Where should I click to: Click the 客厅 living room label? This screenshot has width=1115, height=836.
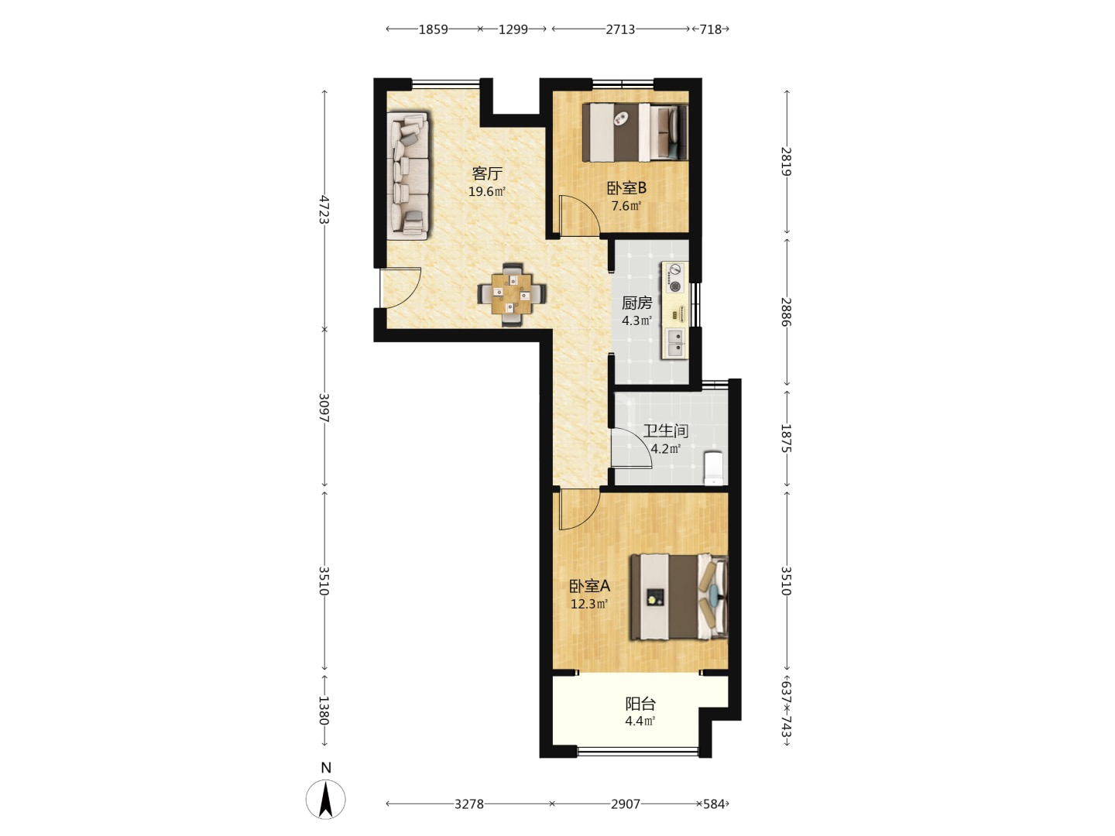(x=486, y=173)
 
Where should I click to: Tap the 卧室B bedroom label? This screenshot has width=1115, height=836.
(x=626, y=188)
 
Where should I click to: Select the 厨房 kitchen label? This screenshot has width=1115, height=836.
(x=636, y=303)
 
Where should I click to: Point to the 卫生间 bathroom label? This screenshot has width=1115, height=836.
(x=665, y=431)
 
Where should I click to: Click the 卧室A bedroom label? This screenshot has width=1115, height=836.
(x=589, y=586)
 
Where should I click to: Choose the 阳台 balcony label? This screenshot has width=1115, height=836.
(x=640, y=704)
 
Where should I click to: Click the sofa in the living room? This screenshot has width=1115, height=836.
(x=408, y=176)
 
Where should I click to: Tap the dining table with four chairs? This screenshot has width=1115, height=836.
(x=512, y=294)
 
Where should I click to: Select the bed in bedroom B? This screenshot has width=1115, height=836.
(x=635, y=132)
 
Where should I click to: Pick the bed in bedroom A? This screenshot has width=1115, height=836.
(x=679, y=596)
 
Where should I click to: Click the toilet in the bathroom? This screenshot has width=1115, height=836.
(x=714, y=468)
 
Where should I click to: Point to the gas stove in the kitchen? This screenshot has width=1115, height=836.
(x=674, y=278)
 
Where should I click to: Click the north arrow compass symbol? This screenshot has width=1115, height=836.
(x=326, y=798)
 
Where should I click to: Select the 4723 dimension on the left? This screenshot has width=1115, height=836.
(x=324, y=209)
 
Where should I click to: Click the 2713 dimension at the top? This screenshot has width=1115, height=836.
(x=620, y=29)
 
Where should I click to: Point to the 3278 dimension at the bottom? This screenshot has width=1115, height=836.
(x=469, y=804)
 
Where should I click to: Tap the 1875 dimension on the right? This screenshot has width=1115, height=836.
(x=787, y=438)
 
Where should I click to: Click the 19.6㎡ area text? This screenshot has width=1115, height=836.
(x=486, y=192)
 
